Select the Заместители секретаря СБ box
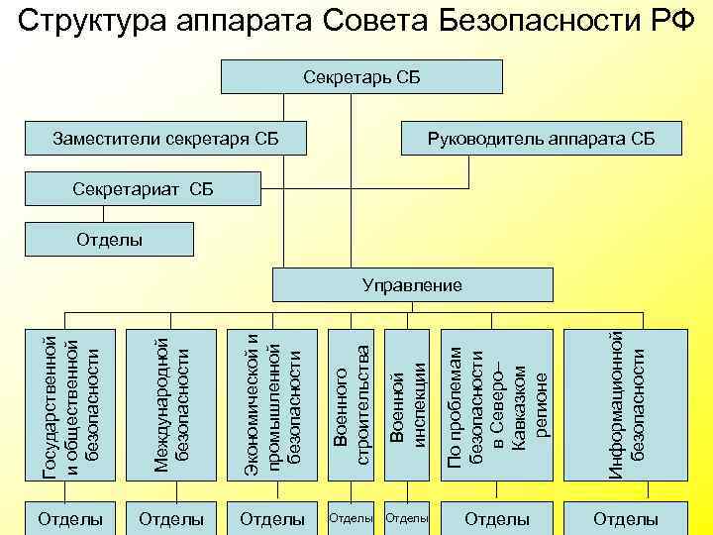164,138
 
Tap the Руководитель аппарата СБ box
540,138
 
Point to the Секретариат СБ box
144,188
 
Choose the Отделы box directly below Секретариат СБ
109,239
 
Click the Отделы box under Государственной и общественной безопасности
69,518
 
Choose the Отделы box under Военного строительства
351,518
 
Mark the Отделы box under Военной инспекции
407,518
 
